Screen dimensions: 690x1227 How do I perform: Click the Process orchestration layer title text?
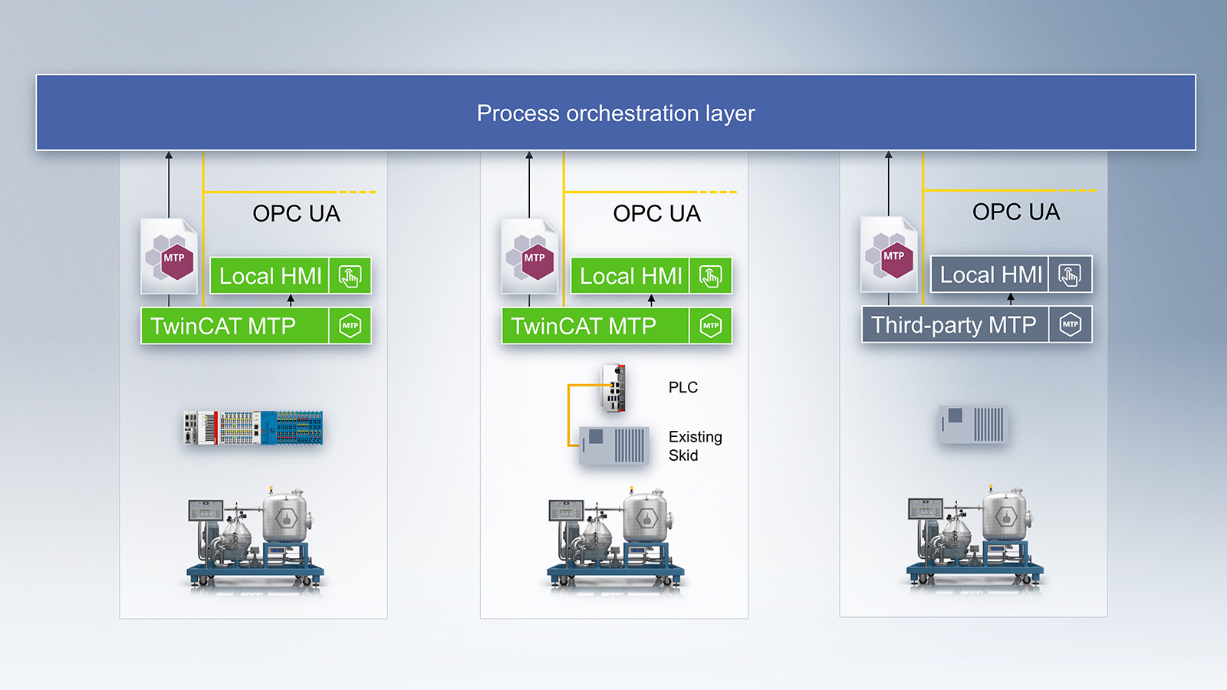[x=616, y=113]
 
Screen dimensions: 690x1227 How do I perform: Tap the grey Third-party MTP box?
[x=954, y=325]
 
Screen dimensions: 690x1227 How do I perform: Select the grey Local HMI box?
[x=991, y=274]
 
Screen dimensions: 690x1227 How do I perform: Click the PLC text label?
[x=683, y=387]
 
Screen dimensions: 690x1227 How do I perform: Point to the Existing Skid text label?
[x=695, y=445]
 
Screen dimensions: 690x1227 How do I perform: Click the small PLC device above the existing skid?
[x=613, y=388]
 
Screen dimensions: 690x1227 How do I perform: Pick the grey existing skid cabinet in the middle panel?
[x=614, y=445]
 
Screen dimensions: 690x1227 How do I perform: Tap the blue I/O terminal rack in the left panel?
[x=254, y=428]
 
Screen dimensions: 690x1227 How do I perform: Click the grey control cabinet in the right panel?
[x=973, y=425]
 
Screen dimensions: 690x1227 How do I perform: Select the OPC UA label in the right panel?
[x=1015, y=212]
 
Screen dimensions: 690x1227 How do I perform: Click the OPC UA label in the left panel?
[x=296, y=213]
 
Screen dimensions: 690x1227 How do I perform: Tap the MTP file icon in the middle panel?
[x=530, y=257]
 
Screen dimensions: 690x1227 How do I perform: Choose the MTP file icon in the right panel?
[x=889, y=255]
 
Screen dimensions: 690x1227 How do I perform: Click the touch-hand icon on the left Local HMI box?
[x=350, y=276]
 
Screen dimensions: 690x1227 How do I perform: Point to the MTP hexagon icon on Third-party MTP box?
[x=1070, y=324]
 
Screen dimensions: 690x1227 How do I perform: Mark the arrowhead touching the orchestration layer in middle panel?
[x=529, y=156]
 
